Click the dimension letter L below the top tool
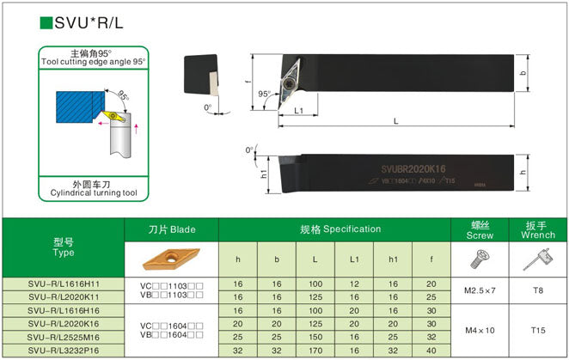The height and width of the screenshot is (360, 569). pos(395,120)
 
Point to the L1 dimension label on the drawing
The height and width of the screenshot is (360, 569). pos(299,111)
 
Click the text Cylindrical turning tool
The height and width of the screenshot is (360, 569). pos(94,193)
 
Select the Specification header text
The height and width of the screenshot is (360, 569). pos(340,229)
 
